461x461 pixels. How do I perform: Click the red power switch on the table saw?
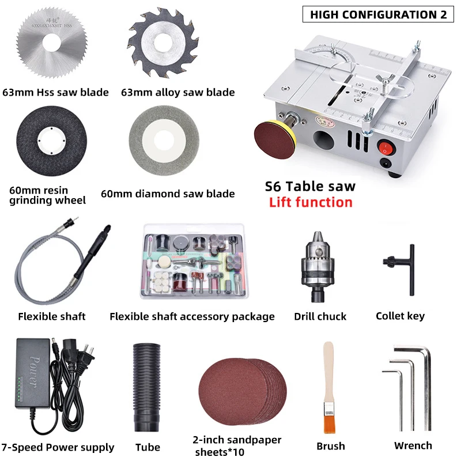(x=383, y=148)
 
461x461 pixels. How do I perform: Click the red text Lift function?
(x=311, y=202)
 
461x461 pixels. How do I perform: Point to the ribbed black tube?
(x=148, y=388)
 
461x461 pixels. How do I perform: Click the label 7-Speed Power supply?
(x=58, y=448)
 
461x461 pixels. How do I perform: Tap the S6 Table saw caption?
(x=310, y=186)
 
